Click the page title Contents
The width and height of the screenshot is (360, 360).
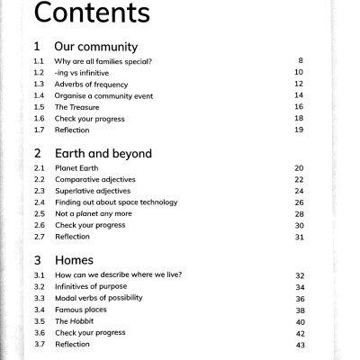(91, 14)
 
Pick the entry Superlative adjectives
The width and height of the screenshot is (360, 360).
(93, 191)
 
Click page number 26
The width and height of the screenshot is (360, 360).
(300, 202)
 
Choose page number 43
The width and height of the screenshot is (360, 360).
(301, 345)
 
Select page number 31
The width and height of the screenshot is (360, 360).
(300, 238)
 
